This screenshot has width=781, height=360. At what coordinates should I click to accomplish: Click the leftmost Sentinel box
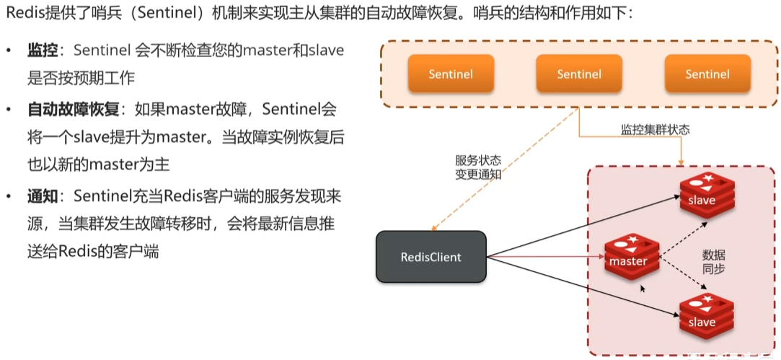point(451,74)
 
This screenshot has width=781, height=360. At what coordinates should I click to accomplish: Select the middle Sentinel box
point(579,74)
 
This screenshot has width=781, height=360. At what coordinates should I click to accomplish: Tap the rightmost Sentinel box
point(707,74)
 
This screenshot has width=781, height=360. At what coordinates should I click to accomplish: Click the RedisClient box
point(431,257)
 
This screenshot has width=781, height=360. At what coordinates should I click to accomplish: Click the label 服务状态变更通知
point(478,167)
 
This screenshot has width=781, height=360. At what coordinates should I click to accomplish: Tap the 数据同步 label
point(713,261)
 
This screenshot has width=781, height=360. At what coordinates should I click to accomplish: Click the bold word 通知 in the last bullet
point(43,196)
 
